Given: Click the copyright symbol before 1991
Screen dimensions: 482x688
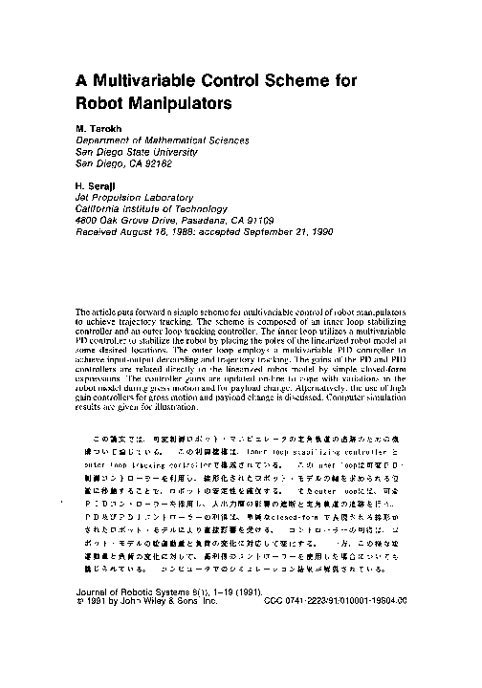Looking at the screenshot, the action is (78, 603).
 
